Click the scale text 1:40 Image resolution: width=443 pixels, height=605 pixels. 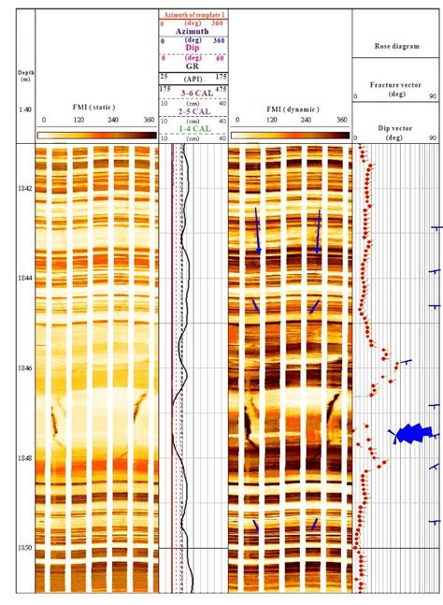coord(25,110)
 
